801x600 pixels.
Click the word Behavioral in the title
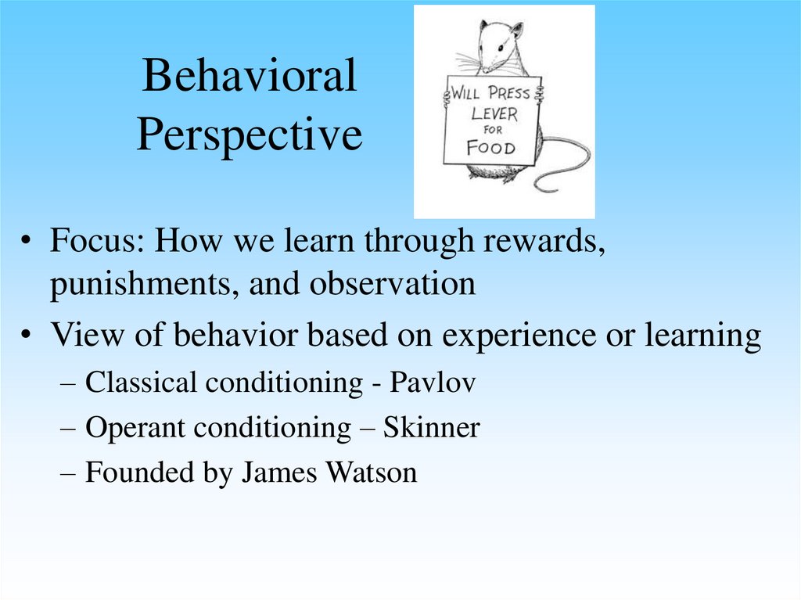click(x=249, y=77)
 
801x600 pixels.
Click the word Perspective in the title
click(x=249, y=135)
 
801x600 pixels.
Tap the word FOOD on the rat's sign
click(x=490, y=147)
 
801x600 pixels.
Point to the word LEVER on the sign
click(x=494, y=113)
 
